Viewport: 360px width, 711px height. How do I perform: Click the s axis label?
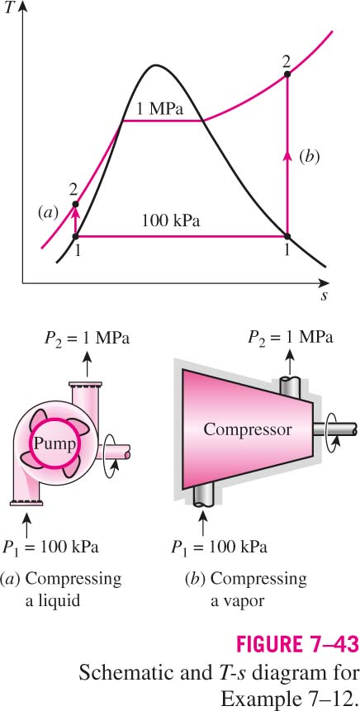(324, 296)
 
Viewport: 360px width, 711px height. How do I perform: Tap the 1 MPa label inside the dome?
(160, 109)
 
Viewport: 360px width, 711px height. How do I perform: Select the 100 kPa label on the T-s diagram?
(171, 222)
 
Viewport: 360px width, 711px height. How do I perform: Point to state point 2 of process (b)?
(287, 73)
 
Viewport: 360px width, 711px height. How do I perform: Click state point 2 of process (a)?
(75, 204)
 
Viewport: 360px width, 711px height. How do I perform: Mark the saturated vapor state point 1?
(287, 236)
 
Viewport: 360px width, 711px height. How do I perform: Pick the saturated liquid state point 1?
(75, 236)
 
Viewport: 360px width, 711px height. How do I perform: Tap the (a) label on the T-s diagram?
(49, 212)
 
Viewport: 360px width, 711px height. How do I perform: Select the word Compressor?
(248, 429)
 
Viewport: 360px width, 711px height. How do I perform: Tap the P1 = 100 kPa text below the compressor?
(220, 547)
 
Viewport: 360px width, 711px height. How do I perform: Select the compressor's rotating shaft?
(335, 429)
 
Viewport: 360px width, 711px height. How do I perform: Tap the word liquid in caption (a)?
(53, 601)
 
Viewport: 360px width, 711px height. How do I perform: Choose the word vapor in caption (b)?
(237, 602)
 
